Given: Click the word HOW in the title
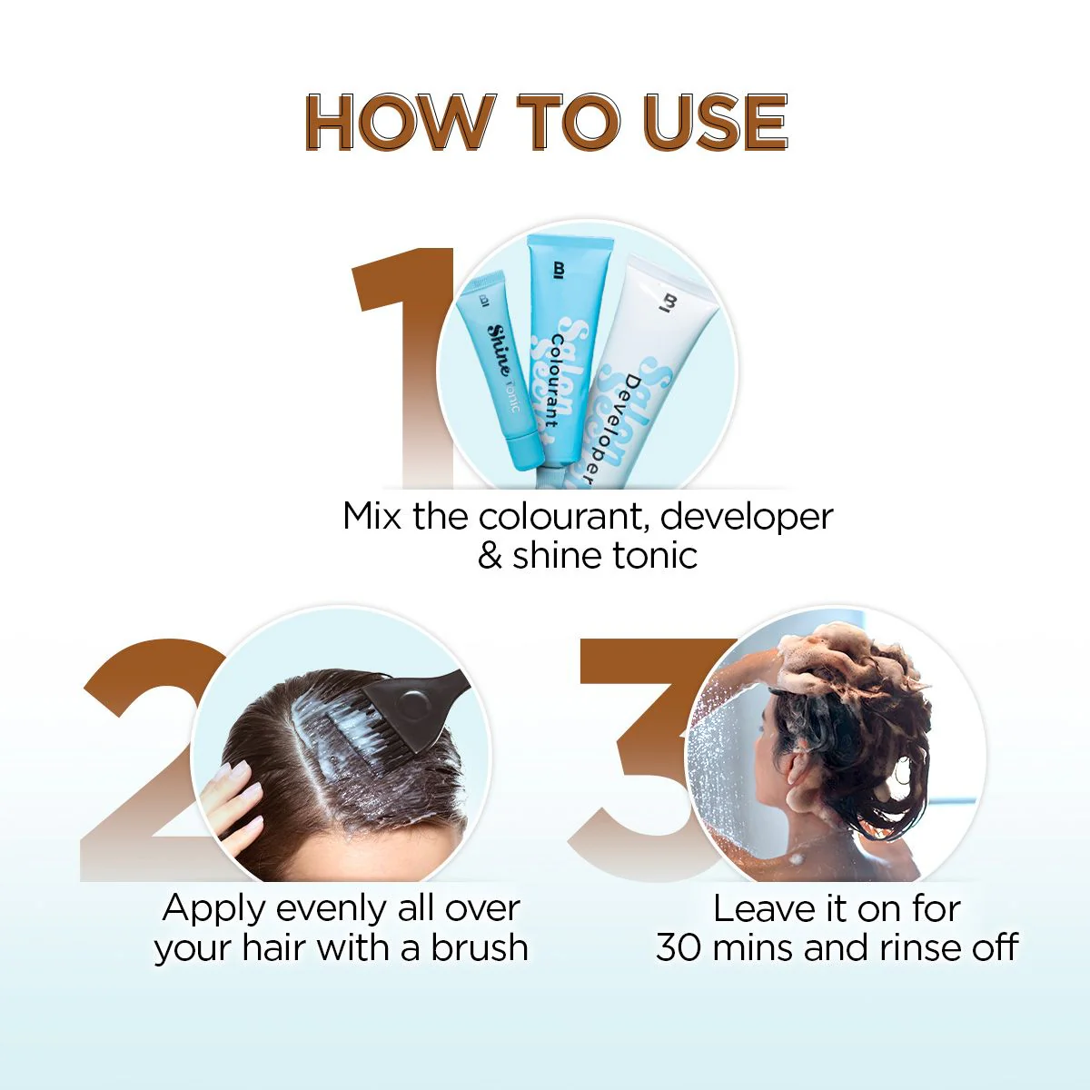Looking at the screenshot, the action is (397, 122).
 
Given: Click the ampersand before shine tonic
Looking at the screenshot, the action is (490, 556).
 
